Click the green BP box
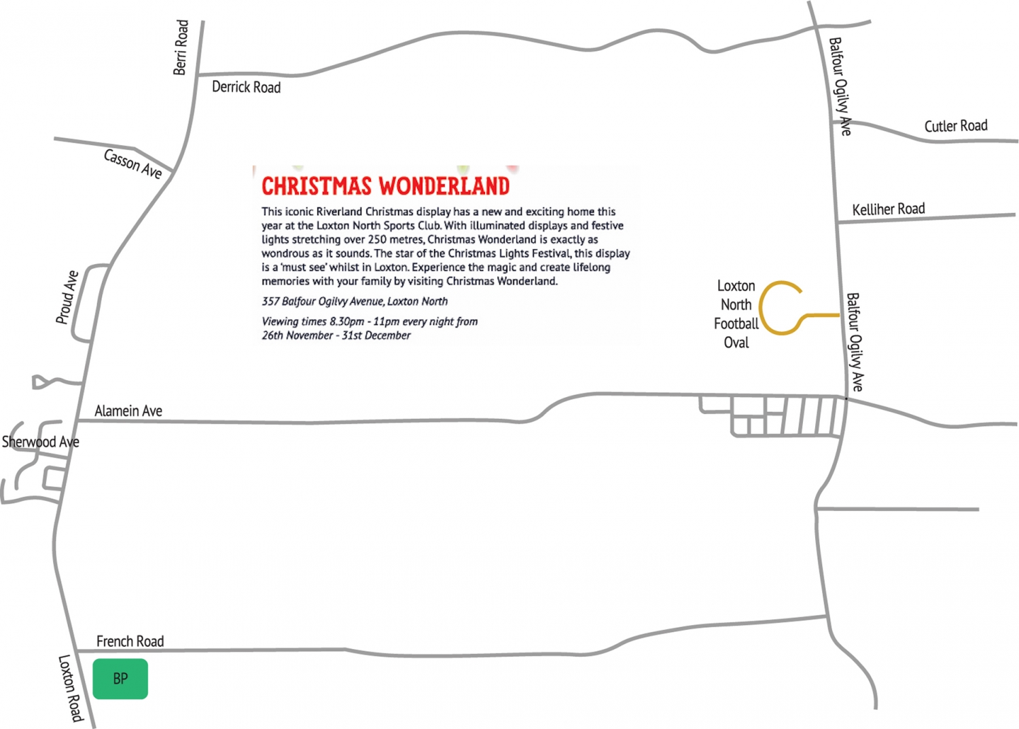click(120, 678)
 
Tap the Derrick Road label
click(246, 87)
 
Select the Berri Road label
click(181, 48)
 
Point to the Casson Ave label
click(132, 164)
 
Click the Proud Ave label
click(67, 297)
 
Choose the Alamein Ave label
click(128, 411)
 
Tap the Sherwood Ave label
click(41, 442)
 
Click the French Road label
click(130, 641)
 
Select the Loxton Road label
click(71, 688)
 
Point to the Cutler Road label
click(955, 126)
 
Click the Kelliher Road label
click(889, 208)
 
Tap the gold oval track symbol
click(779, 307)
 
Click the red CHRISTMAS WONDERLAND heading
click(385, 186)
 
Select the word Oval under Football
click(736, 343)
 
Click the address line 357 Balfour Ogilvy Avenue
click(355, 301)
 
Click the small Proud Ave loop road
click(89, 303)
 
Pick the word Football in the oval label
click(736, 324)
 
